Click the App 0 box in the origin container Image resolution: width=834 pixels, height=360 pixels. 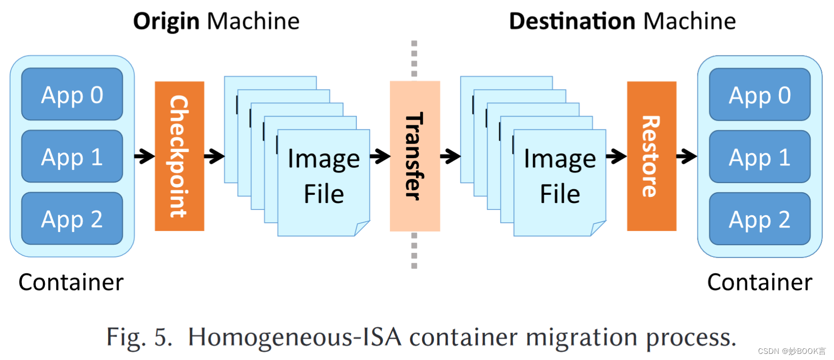[x=72, y=94]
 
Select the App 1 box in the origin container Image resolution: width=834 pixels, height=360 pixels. [x=72, y=157]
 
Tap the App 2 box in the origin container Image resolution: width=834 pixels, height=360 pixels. [x=72, y=219]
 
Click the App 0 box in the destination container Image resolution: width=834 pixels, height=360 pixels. [x=760, y=95]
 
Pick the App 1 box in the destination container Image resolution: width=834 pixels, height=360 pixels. [x=760, y=157]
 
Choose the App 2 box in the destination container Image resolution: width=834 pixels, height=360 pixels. [x=760, y=219]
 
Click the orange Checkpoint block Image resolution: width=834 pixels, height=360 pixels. [x=179, y=156]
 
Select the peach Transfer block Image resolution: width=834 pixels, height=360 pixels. [x=414, y=156]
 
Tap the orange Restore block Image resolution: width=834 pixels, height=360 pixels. [x=651, y=156]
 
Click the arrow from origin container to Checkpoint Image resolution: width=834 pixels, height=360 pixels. [x=145, y=156]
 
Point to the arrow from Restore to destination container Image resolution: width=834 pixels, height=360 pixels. [x=687, y=156]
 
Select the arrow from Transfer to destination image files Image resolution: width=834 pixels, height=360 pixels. [x=450, y=156]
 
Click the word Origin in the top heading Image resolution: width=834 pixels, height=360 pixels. [x=166, y=21]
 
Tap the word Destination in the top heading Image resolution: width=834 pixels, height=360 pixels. [x=572, y=21]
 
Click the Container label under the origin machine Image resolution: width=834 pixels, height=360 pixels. [x=71, y=282]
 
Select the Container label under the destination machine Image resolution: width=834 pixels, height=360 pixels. [x=760, y=282]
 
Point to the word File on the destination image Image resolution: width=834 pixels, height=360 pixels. [x=560, y=194]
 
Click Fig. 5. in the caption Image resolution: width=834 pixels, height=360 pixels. [x=139, y=337]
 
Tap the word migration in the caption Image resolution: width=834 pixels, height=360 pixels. [x=581, y=338]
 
